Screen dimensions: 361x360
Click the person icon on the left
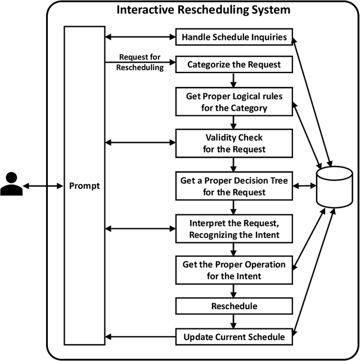coord(12,184)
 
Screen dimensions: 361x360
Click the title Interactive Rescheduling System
coord(203,10)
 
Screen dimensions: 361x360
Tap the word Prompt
coord(84,185)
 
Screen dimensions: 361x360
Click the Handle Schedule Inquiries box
coord(233,38)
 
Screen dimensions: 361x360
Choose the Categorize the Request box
coord(233,65)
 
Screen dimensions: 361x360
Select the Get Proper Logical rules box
coord(233,101)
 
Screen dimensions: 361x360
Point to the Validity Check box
coord(233,143)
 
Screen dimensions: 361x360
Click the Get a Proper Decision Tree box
coord(233,186)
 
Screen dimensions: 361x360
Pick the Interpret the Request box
coord(233,228)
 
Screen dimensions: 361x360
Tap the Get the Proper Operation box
coord(233,270)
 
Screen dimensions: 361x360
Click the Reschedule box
coord(233,306)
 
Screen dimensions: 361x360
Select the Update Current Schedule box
coord(233,337)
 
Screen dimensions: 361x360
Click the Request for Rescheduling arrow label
coord(140,62)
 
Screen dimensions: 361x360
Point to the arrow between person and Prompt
coord(44,185)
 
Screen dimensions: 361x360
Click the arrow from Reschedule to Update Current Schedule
coord(233,322)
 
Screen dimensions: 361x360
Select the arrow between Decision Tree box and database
coord(304,186)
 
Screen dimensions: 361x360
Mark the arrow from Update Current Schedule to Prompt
coord(141,337)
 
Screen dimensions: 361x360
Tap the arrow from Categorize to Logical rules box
coord(233,80)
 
